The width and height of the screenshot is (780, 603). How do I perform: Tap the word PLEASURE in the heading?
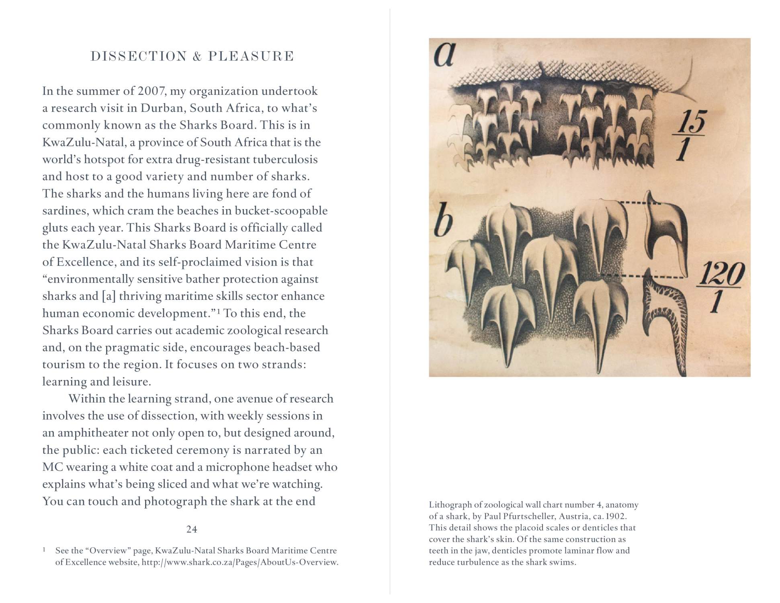pyautogui.click(x=251, y=56)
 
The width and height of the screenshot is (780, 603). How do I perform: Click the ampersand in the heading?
pyautogui.click(x=197, y=56)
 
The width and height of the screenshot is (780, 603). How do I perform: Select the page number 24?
pyautogui.click(x=192, y=529)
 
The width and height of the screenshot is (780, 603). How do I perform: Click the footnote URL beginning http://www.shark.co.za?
pyautogui.click(x=240, y=562)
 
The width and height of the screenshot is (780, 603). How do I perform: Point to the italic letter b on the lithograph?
pyautogui.click(x=443, y=223)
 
